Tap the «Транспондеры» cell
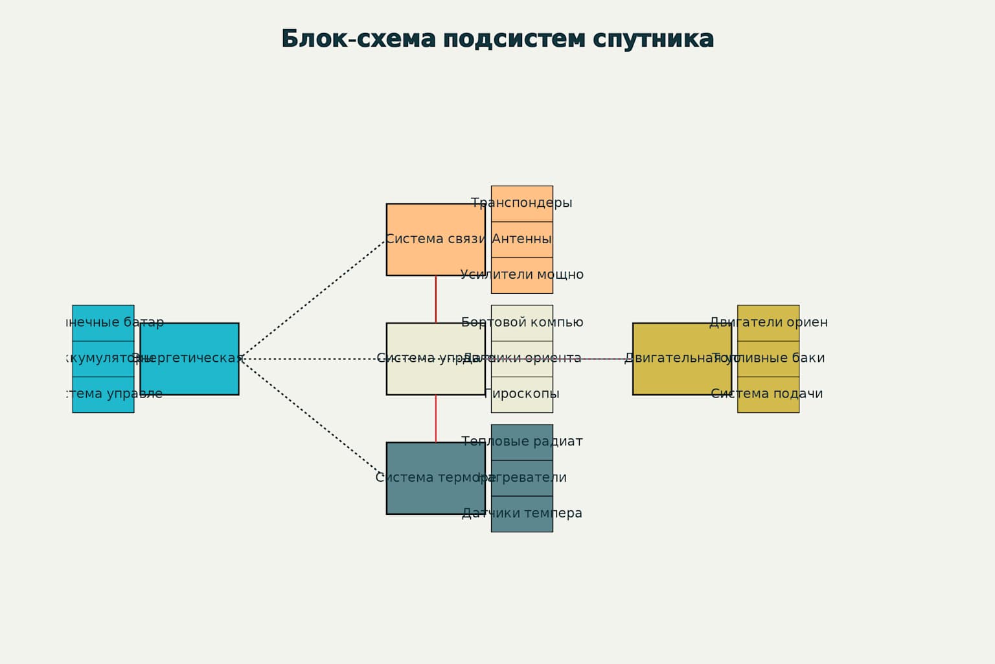tap(521, 204)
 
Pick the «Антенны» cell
tap(521, 239)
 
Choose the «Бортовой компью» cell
tap(521, 323)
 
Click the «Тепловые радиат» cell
tap(521, 442)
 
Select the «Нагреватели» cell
tap(521, 478)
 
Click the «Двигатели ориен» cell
tap(768, 323)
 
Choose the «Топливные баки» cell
tap(768, 359)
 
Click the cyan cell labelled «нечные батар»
tap(103, 323)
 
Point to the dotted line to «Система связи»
tap(312, 300)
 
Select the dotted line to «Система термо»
tap(312, 418)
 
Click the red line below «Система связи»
tap(435, 299)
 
